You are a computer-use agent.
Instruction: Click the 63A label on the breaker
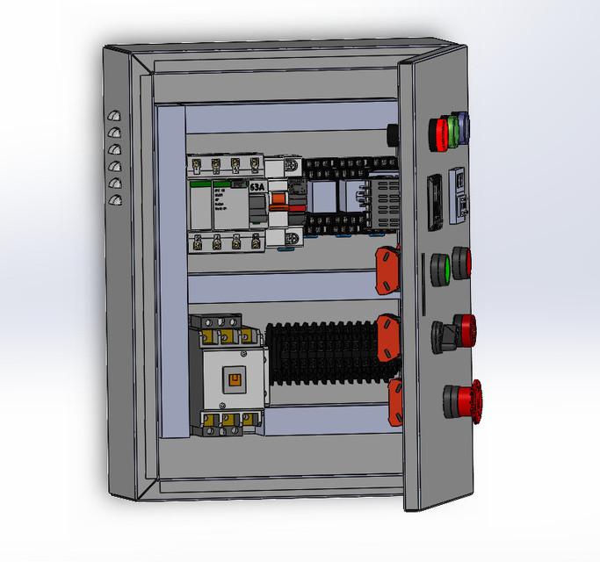(x=257, y=187)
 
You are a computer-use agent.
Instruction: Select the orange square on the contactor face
(x=234, y=378)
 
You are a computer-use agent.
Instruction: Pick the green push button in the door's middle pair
(x=441, y=267)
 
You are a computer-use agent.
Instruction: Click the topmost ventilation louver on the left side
(x=112, y=115)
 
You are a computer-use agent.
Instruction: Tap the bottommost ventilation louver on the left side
(x=112, y=201)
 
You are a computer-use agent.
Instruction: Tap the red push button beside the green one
(x=461, y=263)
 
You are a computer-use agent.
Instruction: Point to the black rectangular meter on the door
(x=433, y=203)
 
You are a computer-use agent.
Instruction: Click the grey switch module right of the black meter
(x=459, y=195)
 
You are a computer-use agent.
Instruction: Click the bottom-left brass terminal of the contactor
(x=211, y=426)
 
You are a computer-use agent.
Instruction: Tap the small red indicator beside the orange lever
(x=299, y=210)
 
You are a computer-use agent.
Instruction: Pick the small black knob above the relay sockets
(x=392, y=134)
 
